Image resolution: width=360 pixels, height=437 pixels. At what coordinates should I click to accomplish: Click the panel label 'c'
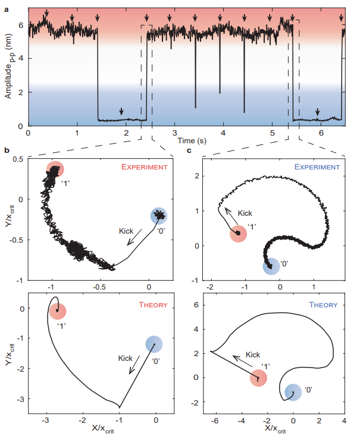189,150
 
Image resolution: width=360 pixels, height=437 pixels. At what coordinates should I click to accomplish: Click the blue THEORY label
324,305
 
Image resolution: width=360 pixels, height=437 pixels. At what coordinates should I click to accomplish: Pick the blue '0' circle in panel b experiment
159,215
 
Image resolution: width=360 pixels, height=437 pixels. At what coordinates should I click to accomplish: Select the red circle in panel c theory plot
258,378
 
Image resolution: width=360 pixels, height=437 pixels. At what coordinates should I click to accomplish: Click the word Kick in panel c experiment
245,213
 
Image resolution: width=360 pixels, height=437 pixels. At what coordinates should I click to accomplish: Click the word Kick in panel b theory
126,358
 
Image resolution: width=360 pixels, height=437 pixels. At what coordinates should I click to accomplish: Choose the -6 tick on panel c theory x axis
216,421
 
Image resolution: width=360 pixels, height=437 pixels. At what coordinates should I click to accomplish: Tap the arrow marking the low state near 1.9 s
121,112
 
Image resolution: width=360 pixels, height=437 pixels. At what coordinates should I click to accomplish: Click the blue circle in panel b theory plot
154,344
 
